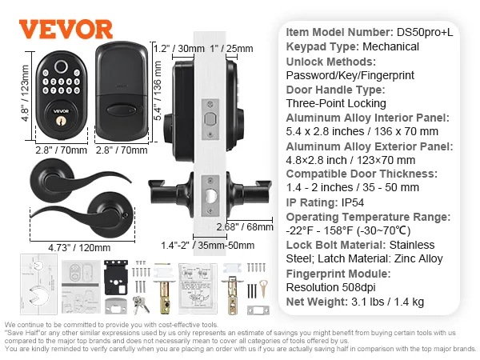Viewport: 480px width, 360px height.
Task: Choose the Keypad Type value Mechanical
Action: click(x=391, y=46)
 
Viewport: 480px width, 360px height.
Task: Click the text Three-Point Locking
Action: click(x=336, y=103)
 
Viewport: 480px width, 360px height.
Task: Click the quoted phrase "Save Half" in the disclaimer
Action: click(x=23, y=330)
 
